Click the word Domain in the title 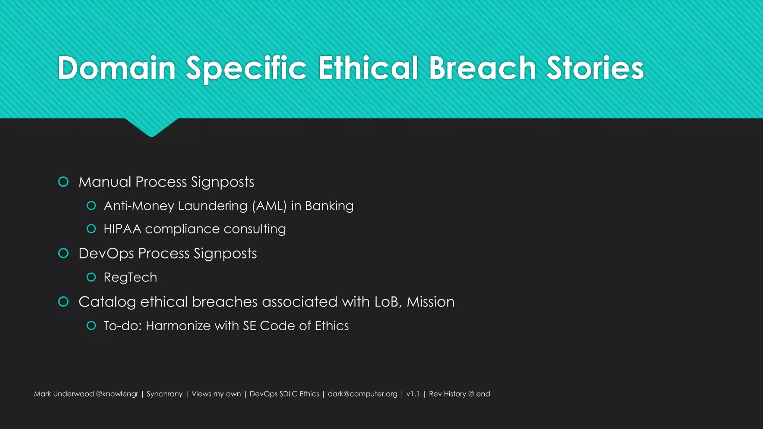pyautogui.click(x=117, y=68)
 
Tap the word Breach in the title pyautogui.click(x=482, y=68)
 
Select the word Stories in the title pyautogui.click(x=595, y=68)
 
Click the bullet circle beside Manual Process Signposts pyautogui.click(x=64, y=182)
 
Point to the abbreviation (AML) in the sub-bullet pyautogui.click(x=269, y=206)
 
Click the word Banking pyautogui.click(x=329, y=206)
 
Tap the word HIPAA pyautogui.click(x=122, y=229)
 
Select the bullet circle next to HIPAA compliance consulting pyautogui.click(x=91, y=229)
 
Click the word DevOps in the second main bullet pyautogui.click(x=106, y=254)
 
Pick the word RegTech pyautogui.click(x=130, y=277)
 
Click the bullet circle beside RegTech pyautogui.click(x=91, y=277)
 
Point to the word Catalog pyautogui.click(x=107, y=302)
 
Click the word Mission pyautogui.click(x=431, y=302)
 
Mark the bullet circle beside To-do pyautogui.click(x=91, y=325)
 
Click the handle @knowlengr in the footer pyautogui.click(x=117, y=394)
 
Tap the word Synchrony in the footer pyautogui.click(x=165, y=394)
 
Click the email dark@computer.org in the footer pyautogui.click(x=362, y=394)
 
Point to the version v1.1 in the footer pyautogui.click(x=413, y=394)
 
